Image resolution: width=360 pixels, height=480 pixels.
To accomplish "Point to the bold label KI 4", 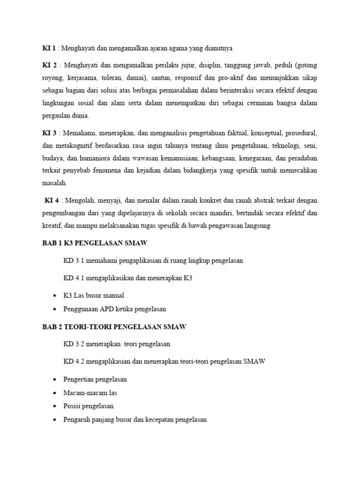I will [x=52, y=200].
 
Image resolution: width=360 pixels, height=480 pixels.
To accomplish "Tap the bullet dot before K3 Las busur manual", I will [x=55, y=296].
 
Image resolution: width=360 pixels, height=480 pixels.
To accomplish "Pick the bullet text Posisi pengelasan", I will [x=88, y=406].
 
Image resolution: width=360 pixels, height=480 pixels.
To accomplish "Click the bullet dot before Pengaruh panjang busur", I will [x=55, y=420].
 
